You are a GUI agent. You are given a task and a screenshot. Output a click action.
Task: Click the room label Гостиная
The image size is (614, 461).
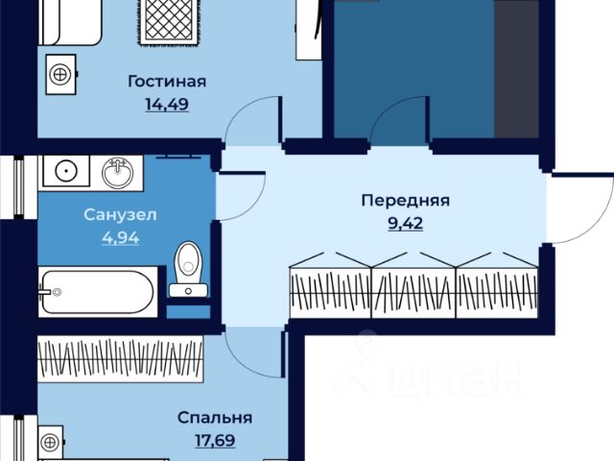[167, 82]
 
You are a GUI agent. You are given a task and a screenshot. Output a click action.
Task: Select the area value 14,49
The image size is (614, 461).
[167, 104]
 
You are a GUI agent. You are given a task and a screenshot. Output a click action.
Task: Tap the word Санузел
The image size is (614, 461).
[120, 215]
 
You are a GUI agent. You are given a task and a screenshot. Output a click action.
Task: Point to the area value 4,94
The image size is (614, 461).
[120, 236]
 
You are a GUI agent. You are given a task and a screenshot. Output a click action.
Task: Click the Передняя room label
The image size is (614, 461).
[405, 201]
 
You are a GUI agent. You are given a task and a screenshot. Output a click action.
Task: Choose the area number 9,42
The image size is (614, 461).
[405, 224]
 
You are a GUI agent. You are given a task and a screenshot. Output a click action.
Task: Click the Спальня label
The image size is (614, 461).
[215, 418]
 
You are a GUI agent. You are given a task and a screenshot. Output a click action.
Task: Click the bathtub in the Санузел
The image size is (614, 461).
[96, 291]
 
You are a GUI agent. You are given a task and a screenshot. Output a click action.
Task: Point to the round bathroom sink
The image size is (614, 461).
[119, 173]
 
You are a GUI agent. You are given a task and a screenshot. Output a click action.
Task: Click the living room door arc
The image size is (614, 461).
[251, 124]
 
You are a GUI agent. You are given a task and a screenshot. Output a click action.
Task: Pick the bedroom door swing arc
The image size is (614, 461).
[253, 347]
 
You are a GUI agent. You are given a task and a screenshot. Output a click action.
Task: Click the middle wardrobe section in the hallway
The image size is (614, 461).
[413, 283]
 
